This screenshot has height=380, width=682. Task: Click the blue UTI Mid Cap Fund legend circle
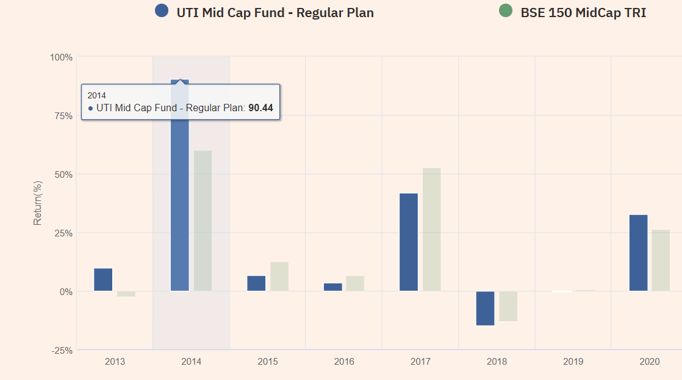pos(162,11)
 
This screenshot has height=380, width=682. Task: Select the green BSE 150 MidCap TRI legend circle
pos(505,11)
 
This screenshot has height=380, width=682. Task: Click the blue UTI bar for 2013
pos(103,280)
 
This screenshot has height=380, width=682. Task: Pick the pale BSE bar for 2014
pos(203,221)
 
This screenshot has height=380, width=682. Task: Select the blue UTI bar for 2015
pos(256,283)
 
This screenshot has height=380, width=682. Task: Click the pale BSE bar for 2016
pos(355,283)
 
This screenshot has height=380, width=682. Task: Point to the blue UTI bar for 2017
pos(409,242)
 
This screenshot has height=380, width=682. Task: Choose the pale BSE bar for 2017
pos(431,229)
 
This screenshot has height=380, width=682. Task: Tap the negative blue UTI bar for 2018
pos(485,309)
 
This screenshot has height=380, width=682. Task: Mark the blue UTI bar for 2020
pos(638,253)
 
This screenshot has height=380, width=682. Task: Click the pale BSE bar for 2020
pos(661,260)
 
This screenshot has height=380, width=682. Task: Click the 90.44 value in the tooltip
pos(260,108)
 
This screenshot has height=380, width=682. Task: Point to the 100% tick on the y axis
pos(61,57)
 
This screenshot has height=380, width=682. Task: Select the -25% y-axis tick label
pos(61,350)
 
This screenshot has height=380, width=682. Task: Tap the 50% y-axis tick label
pos(63,174)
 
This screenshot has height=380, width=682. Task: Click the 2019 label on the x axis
pos(573,362)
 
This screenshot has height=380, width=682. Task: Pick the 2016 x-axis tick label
pos(344,362)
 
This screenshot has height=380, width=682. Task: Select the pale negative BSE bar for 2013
pos(126,294)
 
